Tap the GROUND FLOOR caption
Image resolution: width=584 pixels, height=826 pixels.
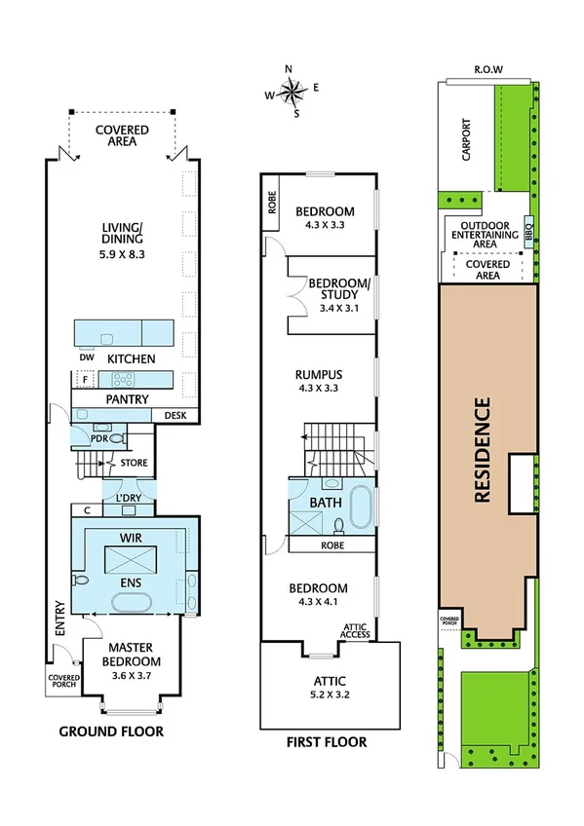111,731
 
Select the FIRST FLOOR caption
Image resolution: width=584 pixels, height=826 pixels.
326,742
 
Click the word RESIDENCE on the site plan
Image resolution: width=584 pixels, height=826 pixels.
481,448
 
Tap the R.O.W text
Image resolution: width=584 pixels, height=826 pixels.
487,69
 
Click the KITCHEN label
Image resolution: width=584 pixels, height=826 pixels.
131,358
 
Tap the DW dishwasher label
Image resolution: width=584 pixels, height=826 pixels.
86,357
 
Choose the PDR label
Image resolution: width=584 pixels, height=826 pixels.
97,438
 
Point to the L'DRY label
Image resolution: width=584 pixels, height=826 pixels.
128,499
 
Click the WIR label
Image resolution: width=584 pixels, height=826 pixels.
131,537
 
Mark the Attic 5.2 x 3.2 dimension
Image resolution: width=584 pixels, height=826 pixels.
330,695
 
